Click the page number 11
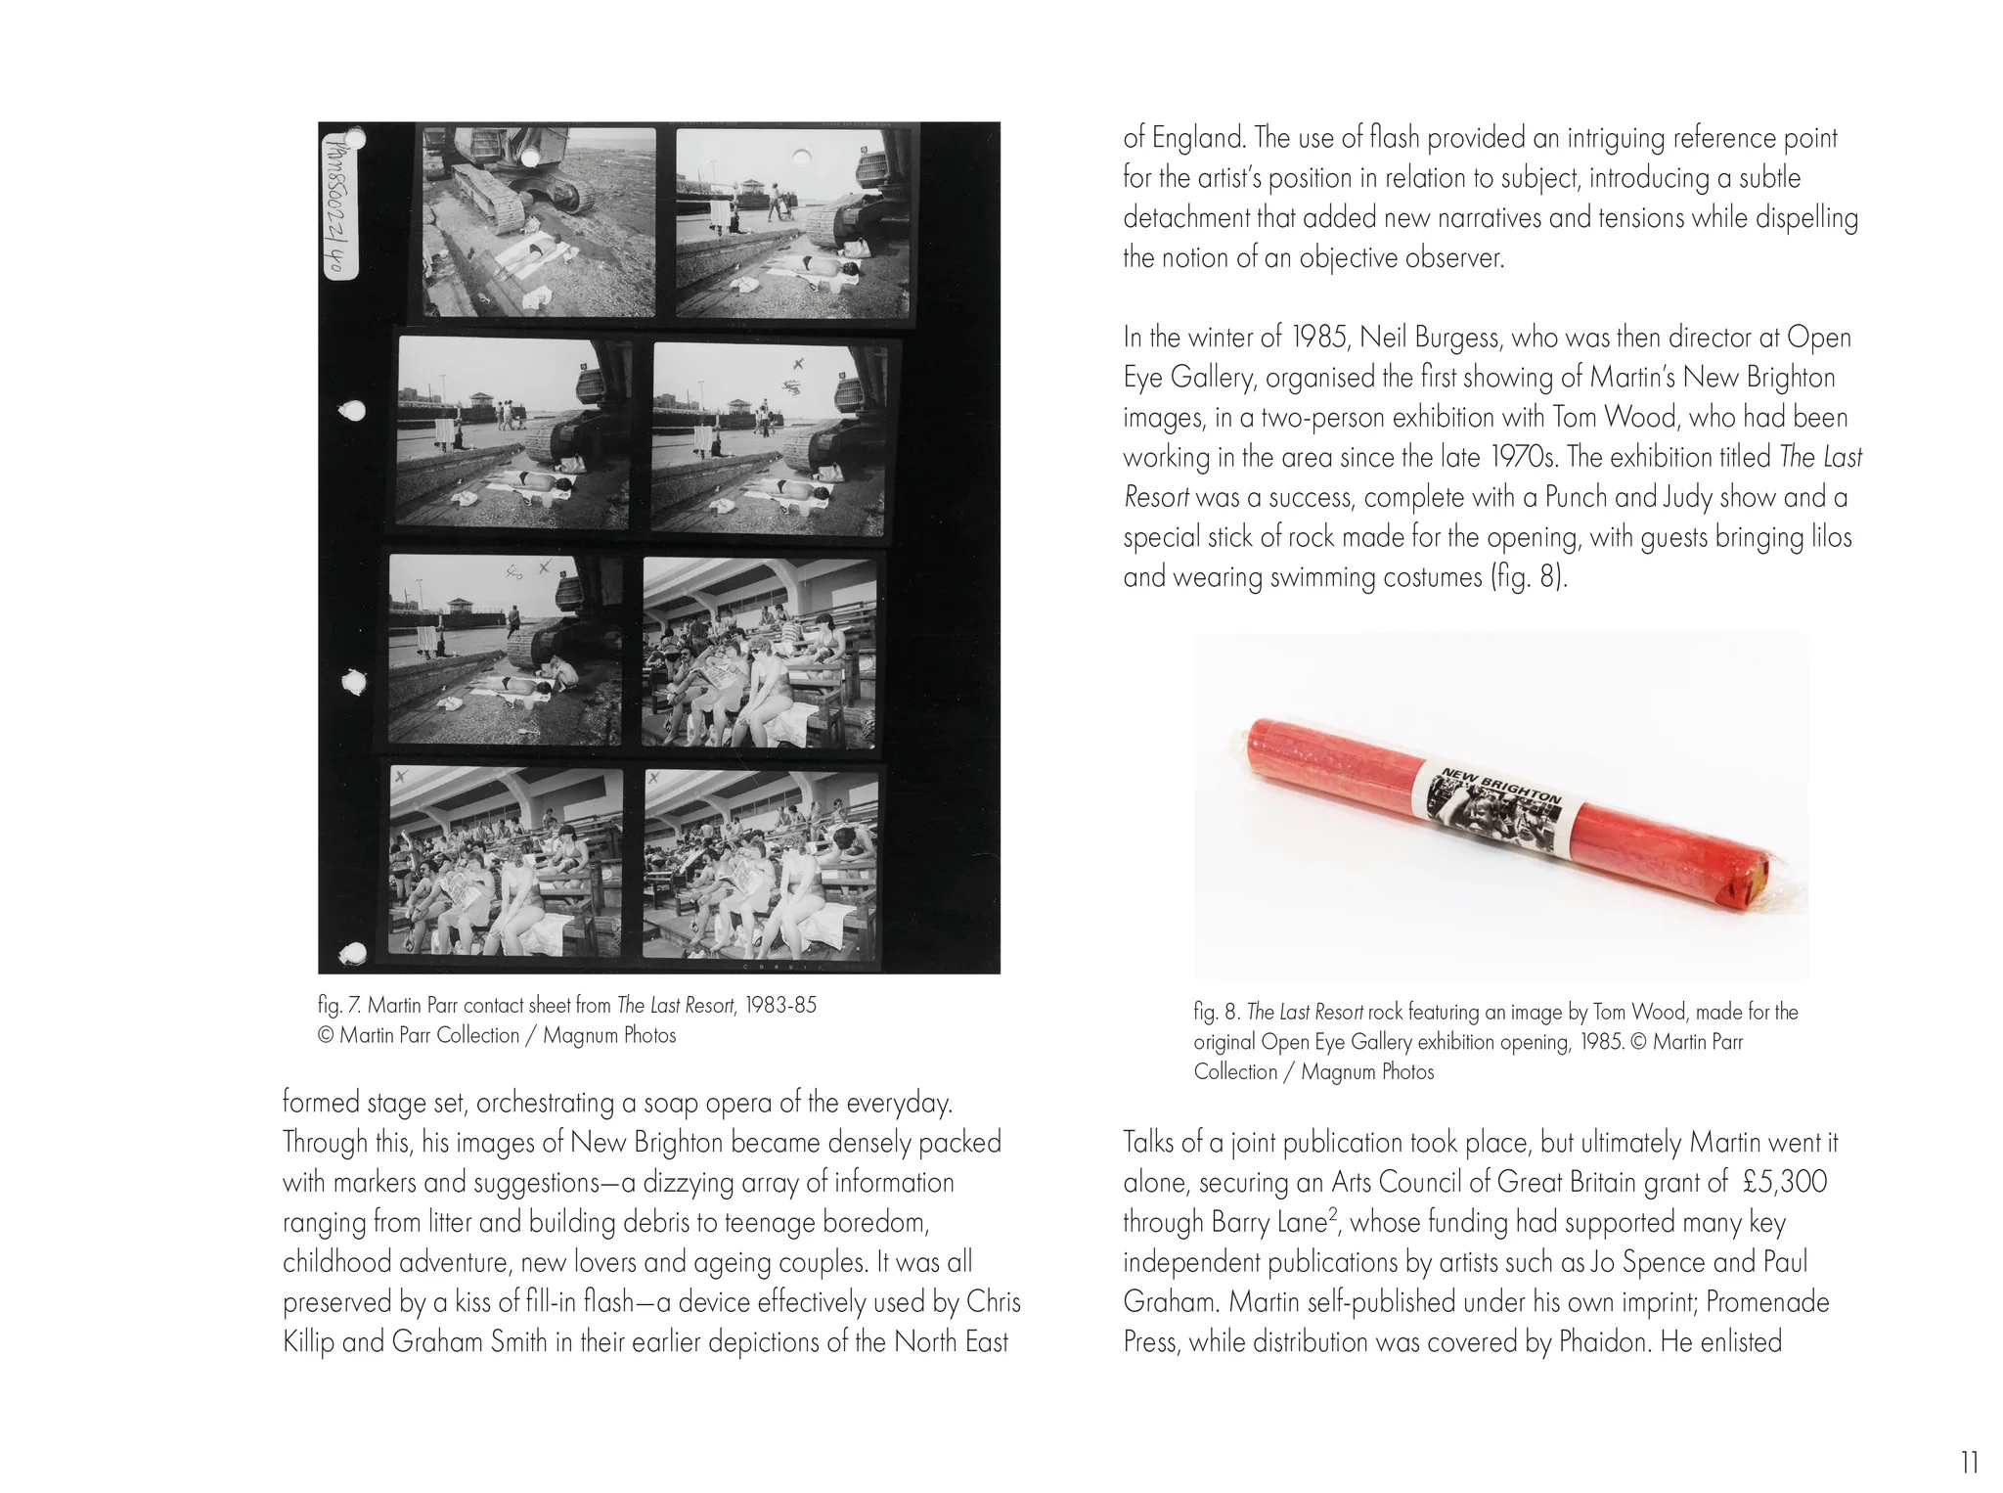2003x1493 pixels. [x=1970, y=1463]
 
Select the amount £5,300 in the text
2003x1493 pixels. [x=1785, y=1182]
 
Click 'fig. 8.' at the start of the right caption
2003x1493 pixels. [x=1216, y=1013]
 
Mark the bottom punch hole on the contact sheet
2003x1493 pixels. [x=354, y=951]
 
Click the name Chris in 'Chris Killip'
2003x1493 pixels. [x=994, y=1302]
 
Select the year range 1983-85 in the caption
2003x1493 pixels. [x=780, y=1006]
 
